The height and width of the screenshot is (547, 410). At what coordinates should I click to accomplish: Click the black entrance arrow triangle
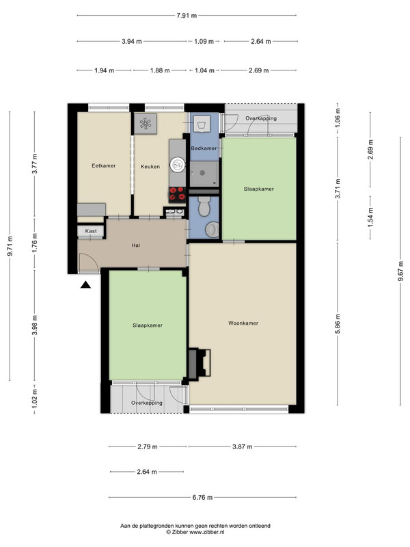tap(85, 285)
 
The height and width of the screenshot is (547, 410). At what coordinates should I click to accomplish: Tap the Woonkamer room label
tap(243, 323)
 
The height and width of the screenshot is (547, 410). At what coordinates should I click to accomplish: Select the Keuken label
tap(150, 167)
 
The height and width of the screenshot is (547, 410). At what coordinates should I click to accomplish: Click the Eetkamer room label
tap(104, 165)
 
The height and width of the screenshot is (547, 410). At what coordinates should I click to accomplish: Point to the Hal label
tap(136, 245)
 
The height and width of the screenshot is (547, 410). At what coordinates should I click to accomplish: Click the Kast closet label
tap(91, 231)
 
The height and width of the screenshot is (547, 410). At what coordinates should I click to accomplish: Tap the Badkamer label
tap(204, 148)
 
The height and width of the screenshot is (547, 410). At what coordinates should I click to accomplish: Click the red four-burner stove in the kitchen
tap(178, 195)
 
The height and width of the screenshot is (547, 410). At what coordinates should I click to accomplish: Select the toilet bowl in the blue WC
tap(204, 206)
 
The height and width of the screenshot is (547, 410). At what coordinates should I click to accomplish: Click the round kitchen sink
tap(178, 164)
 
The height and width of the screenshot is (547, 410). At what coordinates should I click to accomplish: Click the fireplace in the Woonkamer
tap(200, 363)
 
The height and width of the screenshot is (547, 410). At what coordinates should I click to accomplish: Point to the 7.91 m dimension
tap(187, 15)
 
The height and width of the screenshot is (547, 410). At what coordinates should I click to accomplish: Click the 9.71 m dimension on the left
tap(10, 246)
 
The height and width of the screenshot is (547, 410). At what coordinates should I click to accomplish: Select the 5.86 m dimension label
tap(338, 324)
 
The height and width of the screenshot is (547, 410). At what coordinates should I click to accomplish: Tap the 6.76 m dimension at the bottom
tap(202, 498)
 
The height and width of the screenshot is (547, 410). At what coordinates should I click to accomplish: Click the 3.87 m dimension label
tap(243, 446)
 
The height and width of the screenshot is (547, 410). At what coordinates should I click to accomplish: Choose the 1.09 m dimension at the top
tap(204, 42)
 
